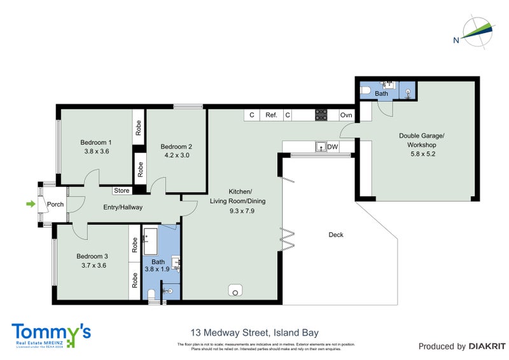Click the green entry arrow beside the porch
tap(29, 204)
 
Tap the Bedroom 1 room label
tap(96, 142)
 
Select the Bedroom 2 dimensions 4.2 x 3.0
tap(176, 156)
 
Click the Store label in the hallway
tap(122, 190)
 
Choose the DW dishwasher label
tap(332, 147)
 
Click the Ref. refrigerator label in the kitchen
tap(271, 115)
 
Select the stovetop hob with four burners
tap(321, 115)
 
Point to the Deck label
tap(336, 235)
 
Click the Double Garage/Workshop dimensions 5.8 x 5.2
tap(421, 154)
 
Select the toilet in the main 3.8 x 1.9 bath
tap(151, 294)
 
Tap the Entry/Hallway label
tap(123, 207)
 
